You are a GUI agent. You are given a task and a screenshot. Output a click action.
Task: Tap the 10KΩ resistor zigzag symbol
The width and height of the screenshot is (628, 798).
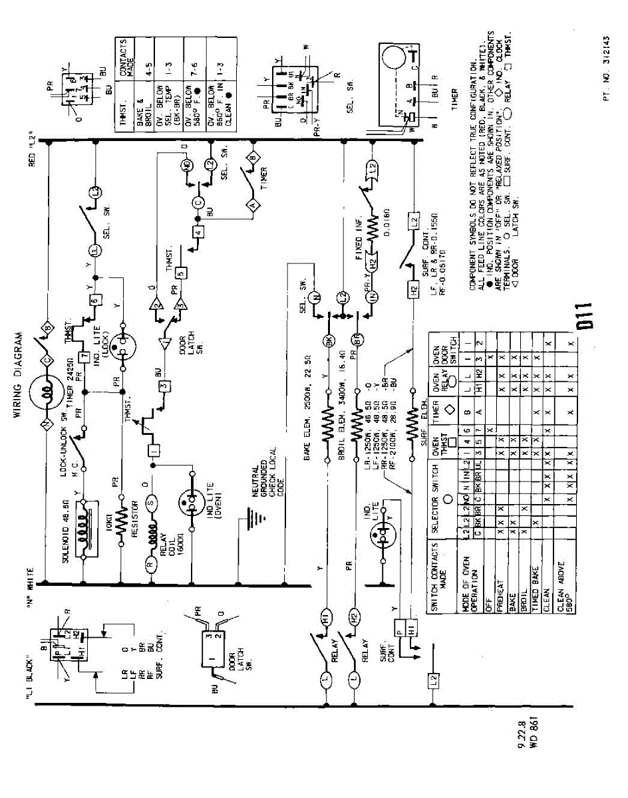(122, 512)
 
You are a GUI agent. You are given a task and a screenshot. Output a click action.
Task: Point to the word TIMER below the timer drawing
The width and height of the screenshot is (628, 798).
(455, 99)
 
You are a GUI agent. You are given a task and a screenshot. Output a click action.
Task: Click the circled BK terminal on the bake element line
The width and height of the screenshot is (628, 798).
(327, 341)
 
